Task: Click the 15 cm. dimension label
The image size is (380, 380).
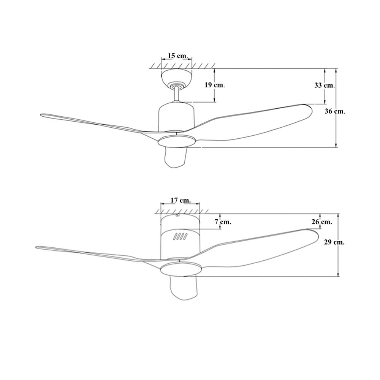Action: [178, 55]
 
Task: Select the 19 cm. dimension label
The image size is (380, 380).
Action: [215, 85]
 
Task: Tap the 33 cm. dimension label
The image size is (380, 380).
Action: [325, 85]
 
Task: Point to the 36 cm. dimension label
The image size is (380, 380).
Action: [335, 111]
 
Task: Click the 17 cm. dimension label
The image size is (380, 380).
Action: [180, 200]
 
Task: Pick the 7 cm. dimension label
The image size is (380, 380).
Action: [223, 222]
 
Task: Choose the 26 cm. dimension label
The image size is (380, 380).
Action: [322, 222]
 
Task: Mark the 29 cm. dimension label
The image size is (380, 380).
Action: [334, 242]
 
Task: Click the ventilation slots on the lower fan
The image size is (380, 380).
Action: [180, 236]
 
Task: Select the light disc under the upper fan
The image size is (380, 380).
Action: [176, 141]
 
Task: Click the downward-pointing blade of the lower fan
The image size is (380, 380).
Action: [183, 288]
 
